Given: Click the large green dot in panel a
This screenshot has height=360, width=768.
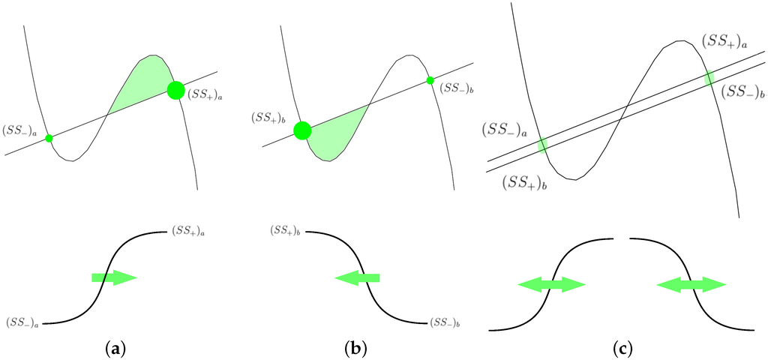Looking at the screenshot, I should point(175,90).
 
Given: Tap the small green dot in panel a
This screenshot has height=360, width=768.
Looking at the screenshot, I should point(49,138).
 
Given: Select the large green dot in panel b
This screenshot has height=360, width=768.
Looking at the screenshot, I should point(302,130).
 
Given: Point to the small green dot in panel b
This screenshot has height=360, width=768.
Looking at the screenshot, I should point(430,80).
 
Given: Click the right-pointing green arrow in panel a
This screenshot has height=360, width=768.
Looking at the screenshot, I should point(114,278).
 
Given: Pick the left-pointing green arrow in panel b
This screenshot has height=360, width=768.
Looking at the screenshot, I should point(357,278).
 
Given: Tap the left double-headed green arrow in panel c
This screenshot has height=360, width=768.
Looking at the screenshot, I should point(551,284).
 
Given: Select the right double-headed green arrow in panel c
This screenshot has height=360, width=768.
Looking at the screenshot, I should point(691,284).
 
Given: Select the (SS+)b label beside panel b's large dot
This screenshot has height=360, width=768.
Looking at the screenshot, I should point(273,119).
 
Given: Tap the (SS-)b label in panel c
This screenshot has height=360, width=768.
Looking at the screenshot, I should point(743,92).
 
